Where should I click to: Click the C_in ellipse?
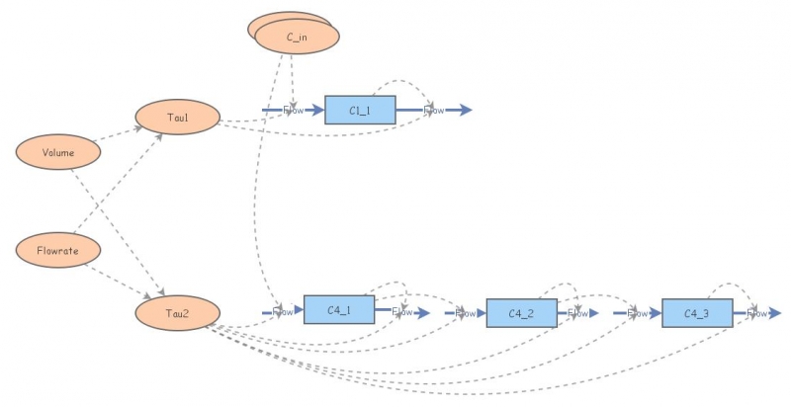(297, 37)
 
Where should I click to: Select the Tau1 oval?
(177, 118)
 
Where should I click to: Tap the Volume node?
(58, 152)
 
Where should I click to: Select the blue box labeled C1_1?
(360, 110)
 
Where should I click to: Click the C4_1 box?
(339, 310)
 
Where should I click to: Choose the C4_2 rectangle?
(521, 313)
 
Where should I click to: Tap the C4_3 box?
(697, 313)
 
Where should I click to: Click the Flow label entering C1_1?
(294, 110)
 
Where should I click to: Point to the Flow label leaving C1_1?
(434, 110)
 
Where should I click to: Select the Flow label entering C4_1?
(282, 312)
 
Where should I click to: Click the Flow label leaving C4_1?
(401, 312)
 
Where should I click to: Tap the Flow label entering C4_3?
(637, 313)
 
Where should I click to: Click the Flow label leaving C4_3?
(756, 313)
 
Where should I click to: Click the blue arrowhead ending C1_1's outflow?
(466, 110)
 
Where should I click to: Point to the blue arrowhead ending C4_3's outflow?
(775, 313)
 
